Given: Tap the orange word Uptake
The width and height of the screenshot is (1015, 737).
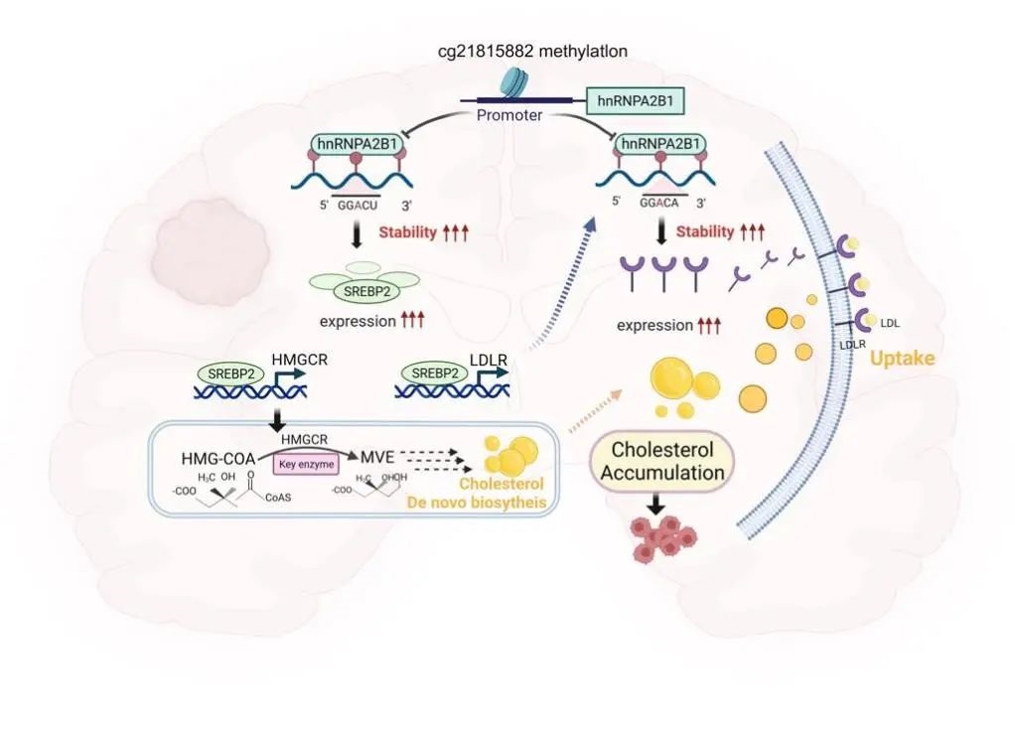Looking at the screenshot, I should pyautogui.click(x=902, y=358).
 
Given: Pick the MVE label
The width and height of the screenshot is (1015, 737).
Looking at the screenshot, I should pyautogui.click(x=375, y=458).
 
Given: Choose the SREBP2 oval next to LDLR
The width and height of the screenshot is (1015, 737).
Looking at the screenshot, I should pyautogui.click(x=437, y=373).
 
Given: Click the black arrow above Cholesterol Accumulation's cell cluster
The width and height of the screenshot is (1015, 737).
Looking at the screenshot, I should pyautogui.click(x=656, y=505).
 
